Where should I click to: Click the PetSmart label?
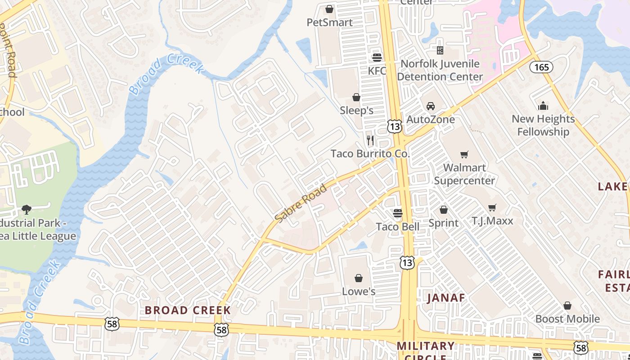click(x=329, y=22)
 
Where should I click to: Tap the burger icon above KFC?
click(x=377, y=58)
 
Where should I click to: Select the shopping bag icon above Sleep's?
click(x=356, y=97)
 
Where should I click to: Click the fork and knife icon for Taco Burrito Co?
click(x=370, y=140)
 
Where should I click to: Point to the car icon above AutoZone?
click(x=431, y=106)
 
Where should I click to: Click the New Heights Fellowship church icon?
click(x=543, y=106)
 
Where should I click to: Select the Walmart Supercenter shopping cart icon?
click(x=464, y=155)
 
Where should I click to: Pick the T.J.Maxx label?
click(x=492, y=221)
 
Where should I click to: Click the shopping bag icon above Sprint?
click(x=444, y=210)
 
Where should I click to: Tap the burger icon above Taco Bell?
click(x=397, y=213)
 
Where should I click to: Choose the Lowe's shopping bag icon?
click(x=359, y=278)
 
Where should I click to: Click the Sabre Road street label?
click(x=301, y=204)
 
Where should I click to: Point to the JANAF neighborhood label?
click(x=446, y=297)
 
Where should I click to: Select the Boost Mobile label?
click(x=567, y=319)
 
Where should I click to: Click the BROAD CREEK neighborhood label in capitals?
click(x=188, y=310)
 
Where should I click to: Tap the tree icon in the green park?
click(x=27, y=209)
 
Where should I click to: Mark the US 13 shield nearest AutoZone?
click(x=394, y=126)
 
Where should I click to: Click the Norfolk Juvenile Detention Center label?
click(x=440, y=70)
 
